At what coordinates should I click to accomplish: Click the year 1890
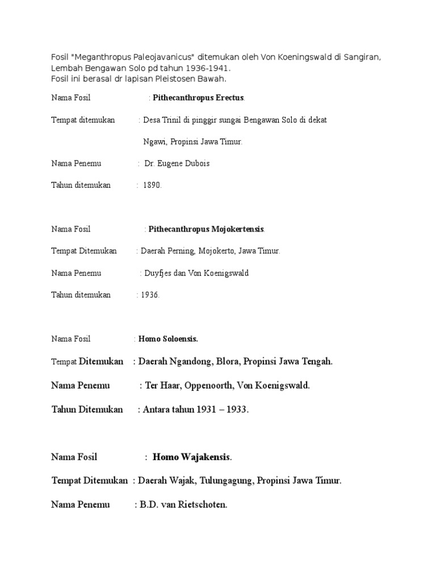pyautogui.click(x=153, y=185)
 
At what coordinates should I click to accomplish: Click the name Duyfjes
pyautogui.click(x=158, y=273)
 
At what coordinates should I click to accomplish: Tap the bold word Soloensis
pyautogui.click(x=178, y=339)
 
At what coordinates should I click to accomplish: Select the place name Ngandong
pyautogui.click(x=197, y=361)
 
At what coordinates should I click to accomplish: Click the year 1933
pyautogui.click(x=236, y=410)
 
